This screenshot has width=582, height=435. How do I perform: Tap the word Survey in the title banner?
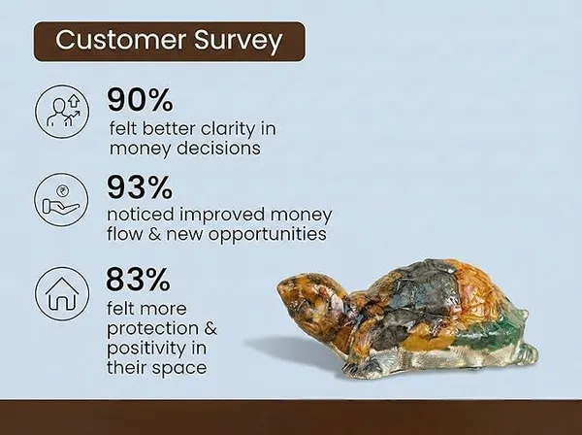(x=239, y=42)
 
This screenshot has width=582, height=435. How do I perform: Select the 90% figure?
(x=140, y=100)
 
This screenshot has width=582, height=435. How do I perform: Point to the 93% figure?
(x=140, y=187)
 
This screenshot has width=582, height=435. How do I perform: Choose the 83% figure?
(x=139, y=280)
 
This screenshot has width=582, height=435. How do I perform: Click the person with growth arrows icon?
(x=62, y=112)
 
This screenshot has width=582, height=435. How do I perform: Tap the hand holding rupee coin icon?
(x=62, y=199)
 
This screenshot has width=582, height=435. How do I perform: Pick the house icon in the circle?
(x=62, y=293)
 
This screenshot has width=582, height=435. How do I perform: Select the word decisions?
(x=218, y=148)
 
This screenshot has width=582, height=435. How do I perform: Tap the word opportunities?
(x=267, y=235)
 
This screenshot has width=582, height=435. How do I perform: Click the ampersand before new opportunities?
(x=154, y=234)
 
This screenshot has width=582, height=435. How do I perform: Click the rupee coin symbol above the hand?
(x=62, y=191)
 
